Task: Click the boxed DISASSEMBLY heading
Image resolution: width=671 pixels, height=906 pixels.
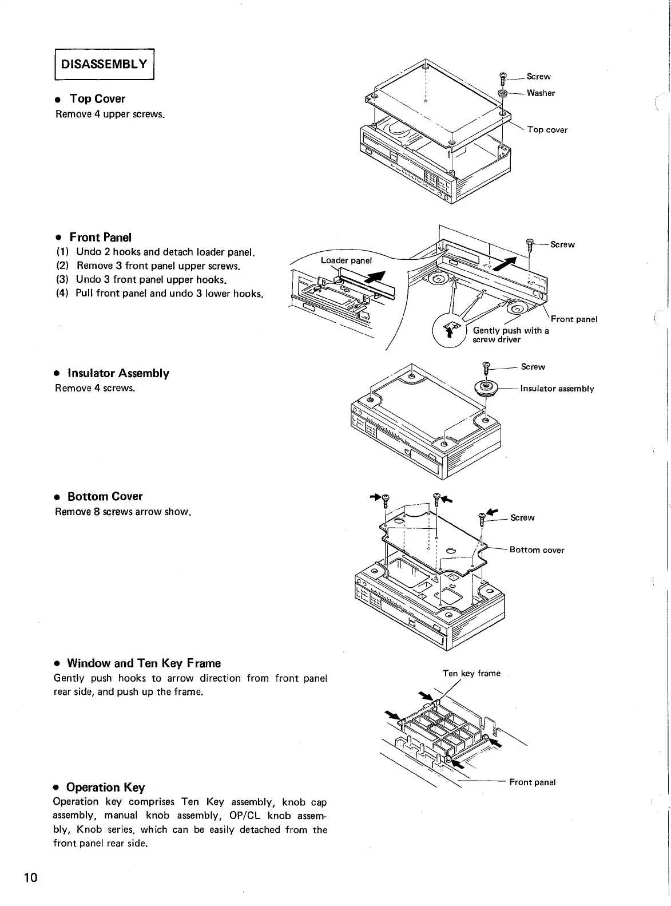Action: coord(104,64)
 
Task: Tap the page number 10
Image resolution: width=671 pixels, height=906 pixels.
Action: coord(30,877)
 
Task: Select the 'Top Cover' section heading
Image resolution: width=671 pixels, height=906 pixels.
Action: coord(97,98)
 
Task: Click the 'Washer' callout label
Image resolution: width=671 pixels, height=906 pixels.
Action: coord(541,93)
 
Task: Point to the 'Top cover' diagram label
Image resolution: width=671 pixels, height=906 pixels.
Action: coord(547,130)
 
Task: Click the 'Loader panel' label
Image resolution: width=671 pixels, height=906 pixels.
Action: coord(346,261)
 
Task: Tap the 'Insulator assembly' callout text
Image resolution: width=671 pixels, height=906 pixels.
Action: coord(557,389)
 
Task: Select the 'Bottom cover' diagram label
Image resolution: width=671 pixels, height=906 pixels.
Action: coord(537,550)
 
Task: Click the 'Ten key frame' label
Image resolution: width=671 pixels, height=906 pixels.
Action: coord(471,674)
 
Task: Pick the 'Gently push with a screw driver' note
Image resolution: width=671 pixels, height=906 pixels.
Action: coord(510,335)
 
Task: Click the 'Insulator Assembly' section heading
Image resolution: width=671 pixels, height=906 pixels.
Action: coord(118,373)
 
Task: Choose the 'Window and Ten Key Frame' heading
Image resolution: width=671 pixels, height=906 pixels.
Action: coord(144,663)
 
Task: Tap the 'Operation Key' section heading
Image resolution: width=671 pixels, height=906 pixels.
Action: coord(105,787)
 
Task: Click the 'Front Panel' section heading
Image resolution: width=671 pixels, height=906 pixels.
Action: coord(100,237)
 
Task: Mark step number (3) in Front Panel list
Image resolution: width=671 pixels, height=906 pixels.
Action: coord(62,280)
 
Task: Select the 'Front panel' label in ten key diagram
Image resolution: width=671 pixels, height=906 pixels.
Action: coord(532,782)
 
